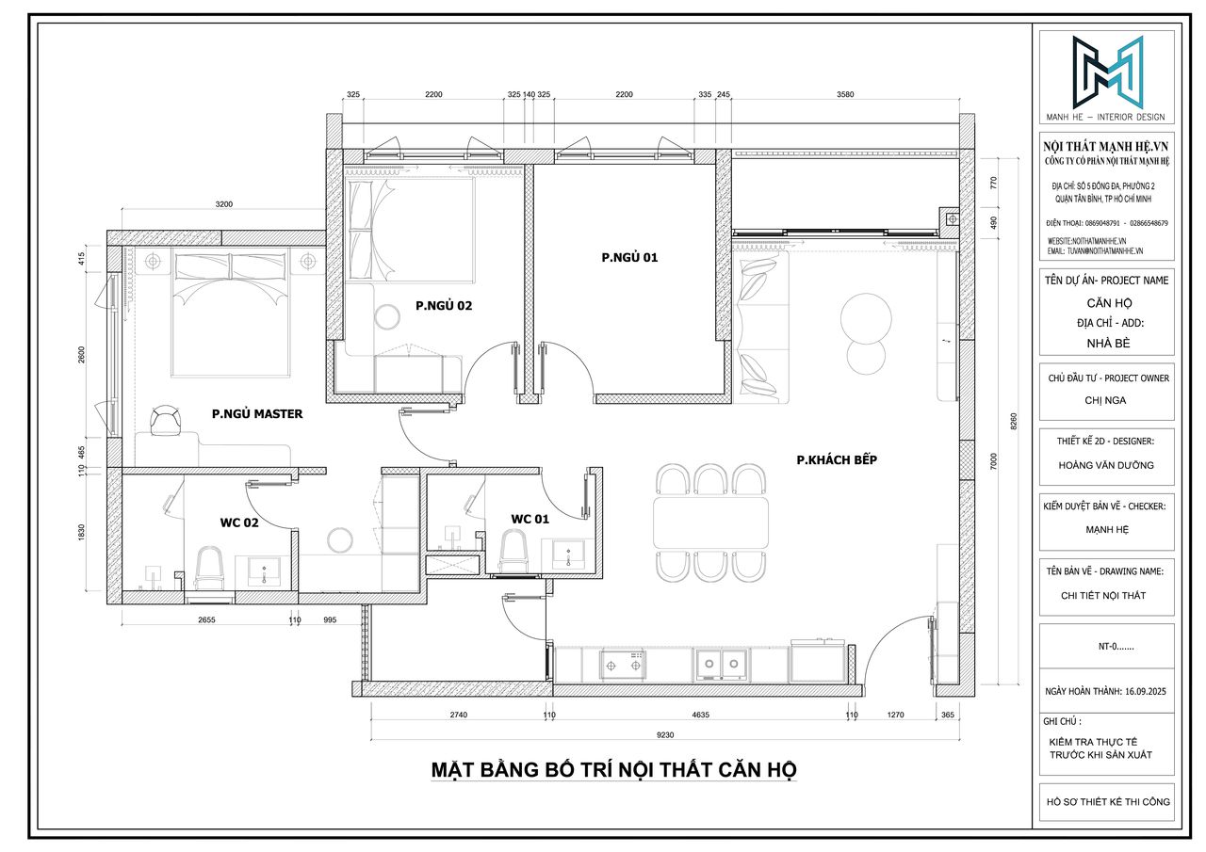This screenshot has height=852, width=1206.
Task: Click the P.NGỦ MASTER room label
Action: coord(257,413)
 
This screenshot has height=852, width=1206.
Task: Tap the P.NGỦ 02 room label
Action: coord(443,305)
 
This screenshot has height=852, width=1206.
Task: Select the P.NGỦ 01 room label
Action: coord(629,256)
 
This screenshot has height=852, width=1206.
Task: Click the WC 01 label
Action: coord(530,518)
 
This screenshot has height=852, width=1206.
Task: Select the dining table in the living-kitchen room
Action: coord(710,522)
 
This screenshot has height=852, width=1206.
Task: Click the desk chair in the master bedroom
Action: coord(166,421)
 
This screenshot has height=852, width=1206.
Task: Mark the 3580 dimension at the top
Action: coord(845,95)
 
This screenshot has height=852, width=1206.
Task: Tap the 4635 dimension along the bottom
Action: coord(701,715)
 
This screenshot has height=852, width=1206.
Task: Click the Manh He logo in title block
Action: coord(1106,72)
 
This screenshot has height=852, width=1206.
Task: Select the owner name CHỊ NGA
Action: coord(1106,400)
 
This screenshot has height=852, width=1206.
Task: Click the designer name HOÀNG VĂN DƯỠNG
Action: coord(1106,465)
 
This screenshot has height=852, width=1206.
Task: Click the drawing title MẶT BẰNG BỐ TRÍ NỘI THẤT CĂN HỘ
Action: coord(613,769)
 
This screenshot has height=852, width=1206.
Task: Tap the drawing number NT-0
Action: coord(1106,647)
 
